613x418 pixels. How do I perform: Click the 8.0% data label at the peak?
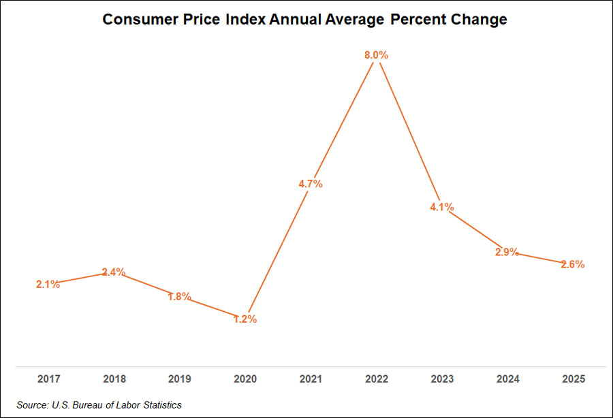tap(376, 56)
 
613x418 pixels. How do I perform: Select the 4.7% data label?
tap(310, 184)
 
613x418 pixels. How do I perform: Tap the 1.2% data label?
tap(245, 319)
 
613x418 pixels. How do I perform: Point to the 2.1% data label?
tap(48, 285)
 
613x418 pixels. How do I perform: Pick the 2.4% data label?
tap(113, 272)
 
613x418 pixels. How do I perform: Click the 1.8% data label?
tap(179, 297)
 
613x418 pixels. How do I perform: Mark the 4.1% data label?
tap(441, 207)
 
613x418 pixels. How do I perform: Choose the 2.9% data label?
tap(507, 253)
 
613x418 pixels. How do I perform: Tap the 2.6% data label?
tap(572, 265)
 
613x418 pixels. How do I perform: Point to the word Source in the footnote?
tap(32, 405)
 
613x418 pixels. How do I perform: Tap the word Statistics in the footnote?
tap(159, 405)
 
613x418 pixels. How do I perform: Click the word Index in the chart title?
tap(247, 20)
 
